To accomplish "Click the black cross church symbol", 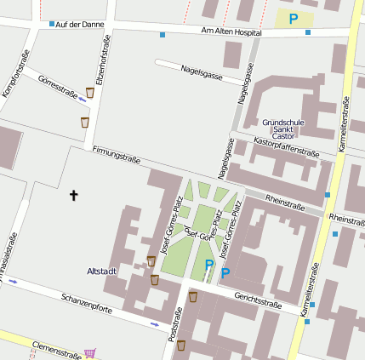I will click(x=73, y=196).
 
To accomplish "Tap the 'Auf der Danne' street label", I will click(x=79, y=24).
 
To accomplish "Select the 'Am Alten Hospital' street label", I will click(x=230, y=32).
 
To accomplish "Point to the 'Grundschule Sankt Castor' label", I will click(x=282, y=129).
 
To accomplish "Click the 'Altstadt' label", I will click(x=101, y=271).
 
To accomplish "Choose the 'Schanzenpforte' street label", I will click(x=86, y=302).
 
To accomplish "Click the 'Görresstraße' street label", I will click(x=57, y=85).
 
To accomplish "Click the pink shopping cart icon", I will click(x=90, y=352).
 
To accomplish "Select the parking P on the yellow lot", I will click(x=294, y=19).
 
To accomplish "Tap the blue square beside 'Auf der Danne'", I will click(x=51, y=24).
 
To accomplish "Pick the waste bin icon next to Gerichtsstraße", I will click(x=194, y=296).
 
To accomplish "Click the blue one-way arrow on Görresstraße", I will click(x=82, y=99).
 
